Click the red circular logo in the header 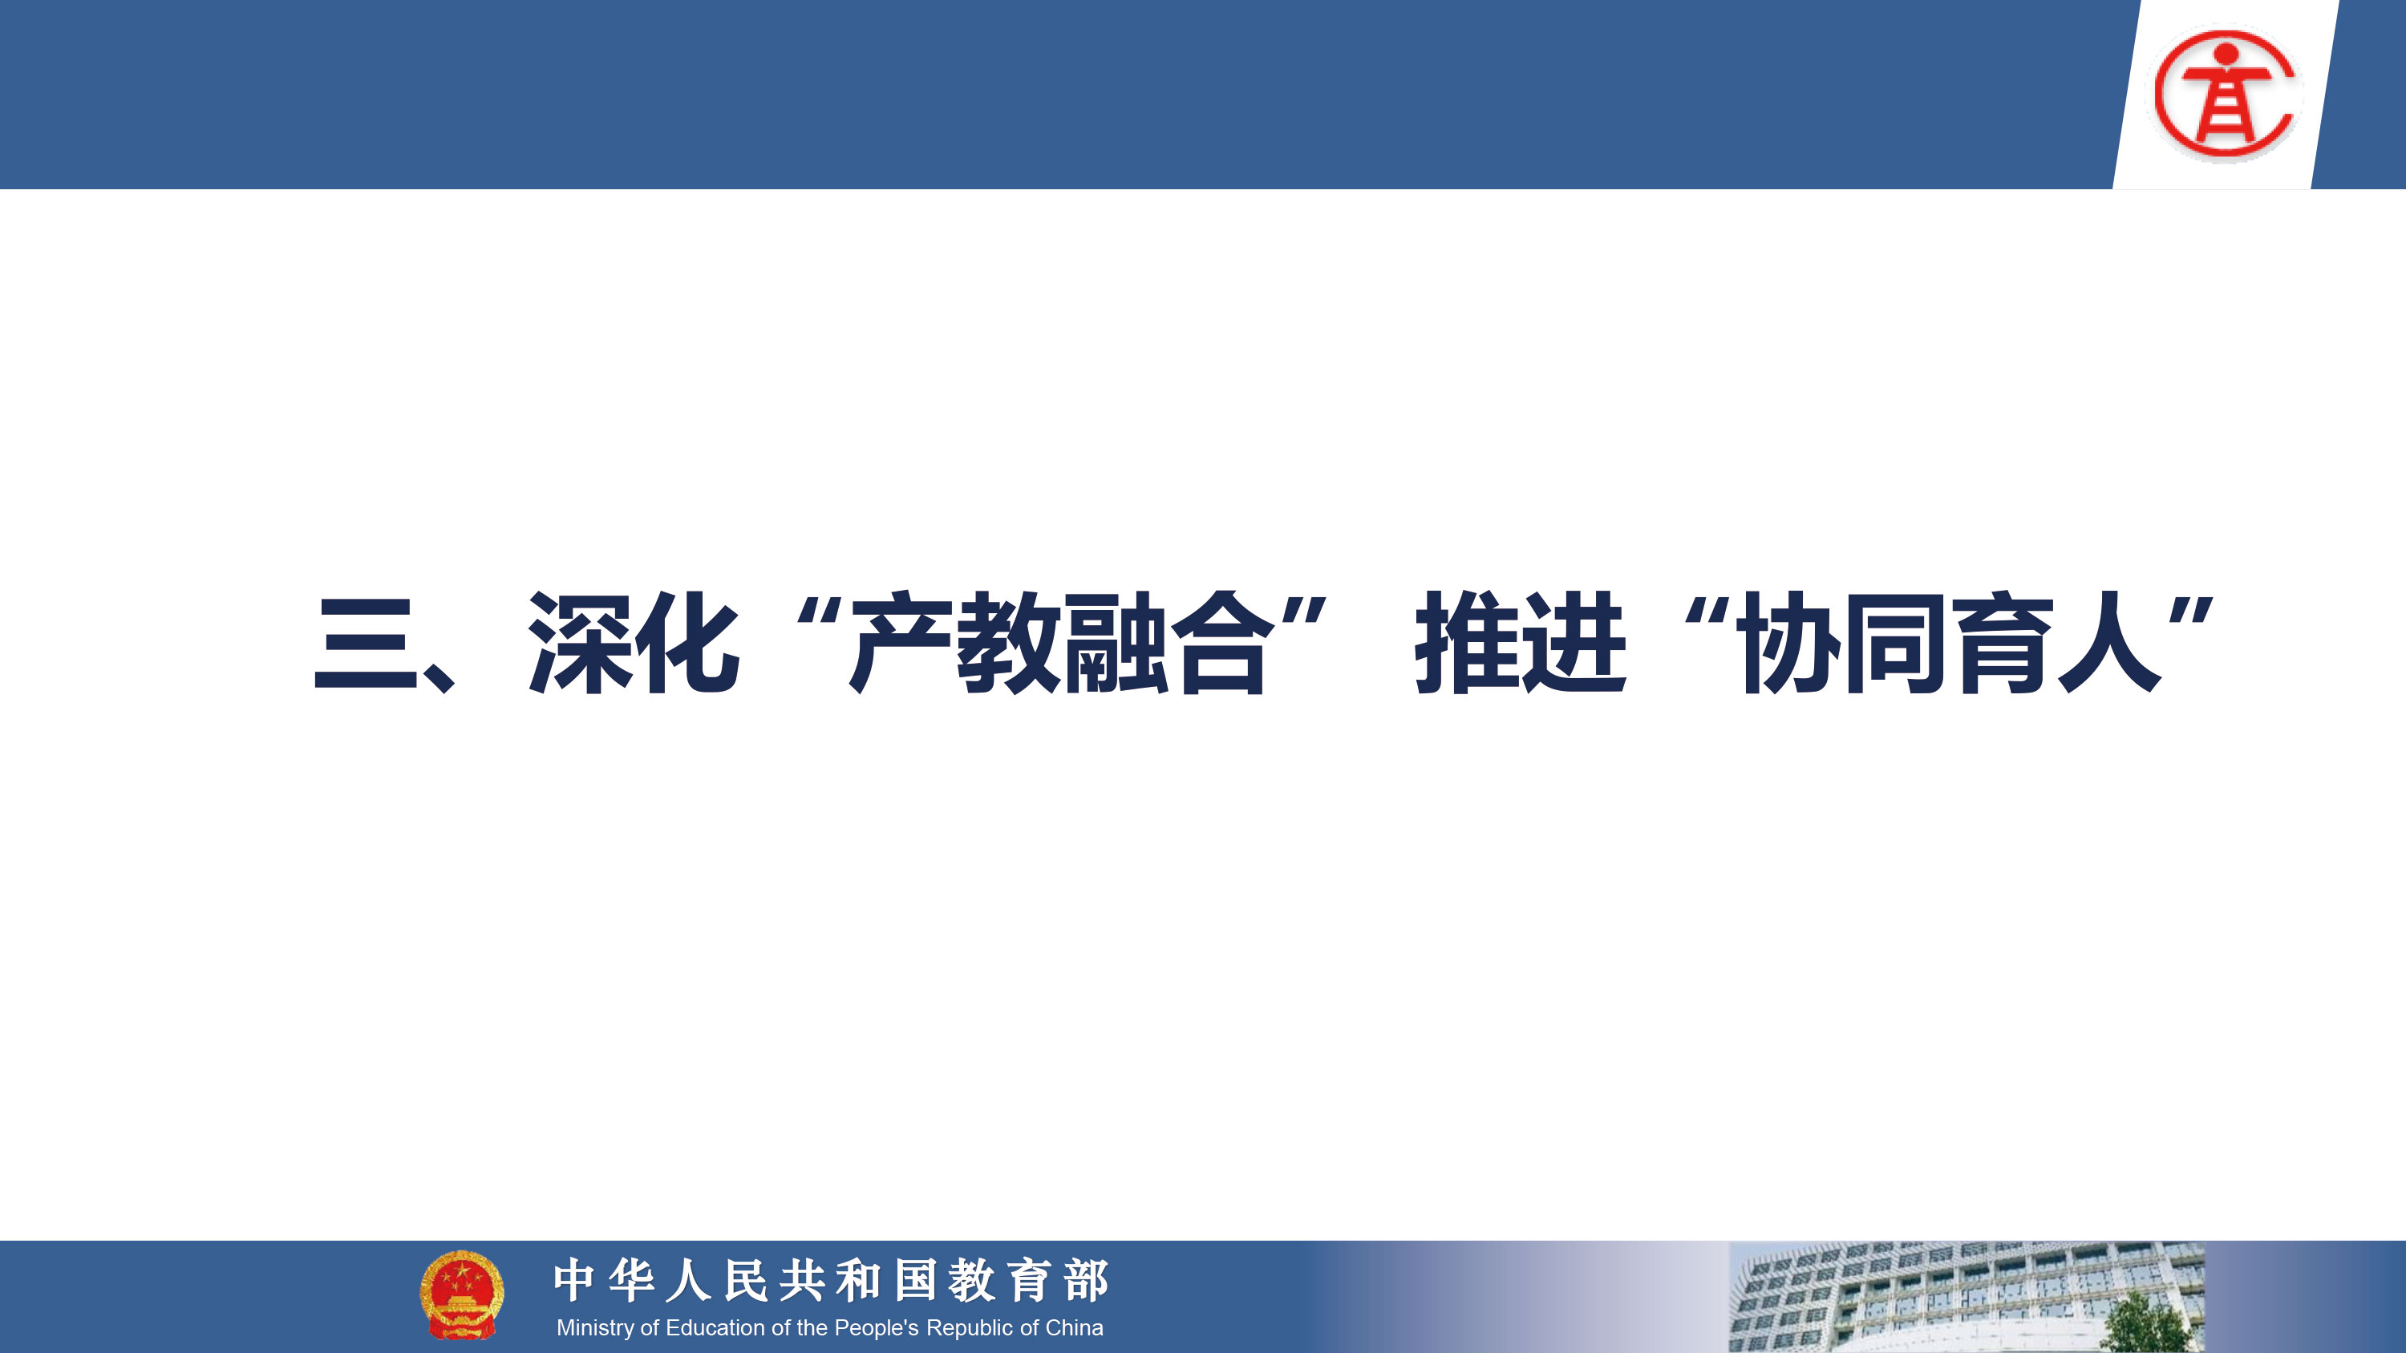2226,92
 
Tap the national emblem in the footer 461,1294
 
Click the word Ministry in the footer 595,1328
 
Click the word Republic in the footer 971,1328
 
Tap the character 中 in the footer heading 574,1279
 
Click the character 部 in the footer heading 1086,1279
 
